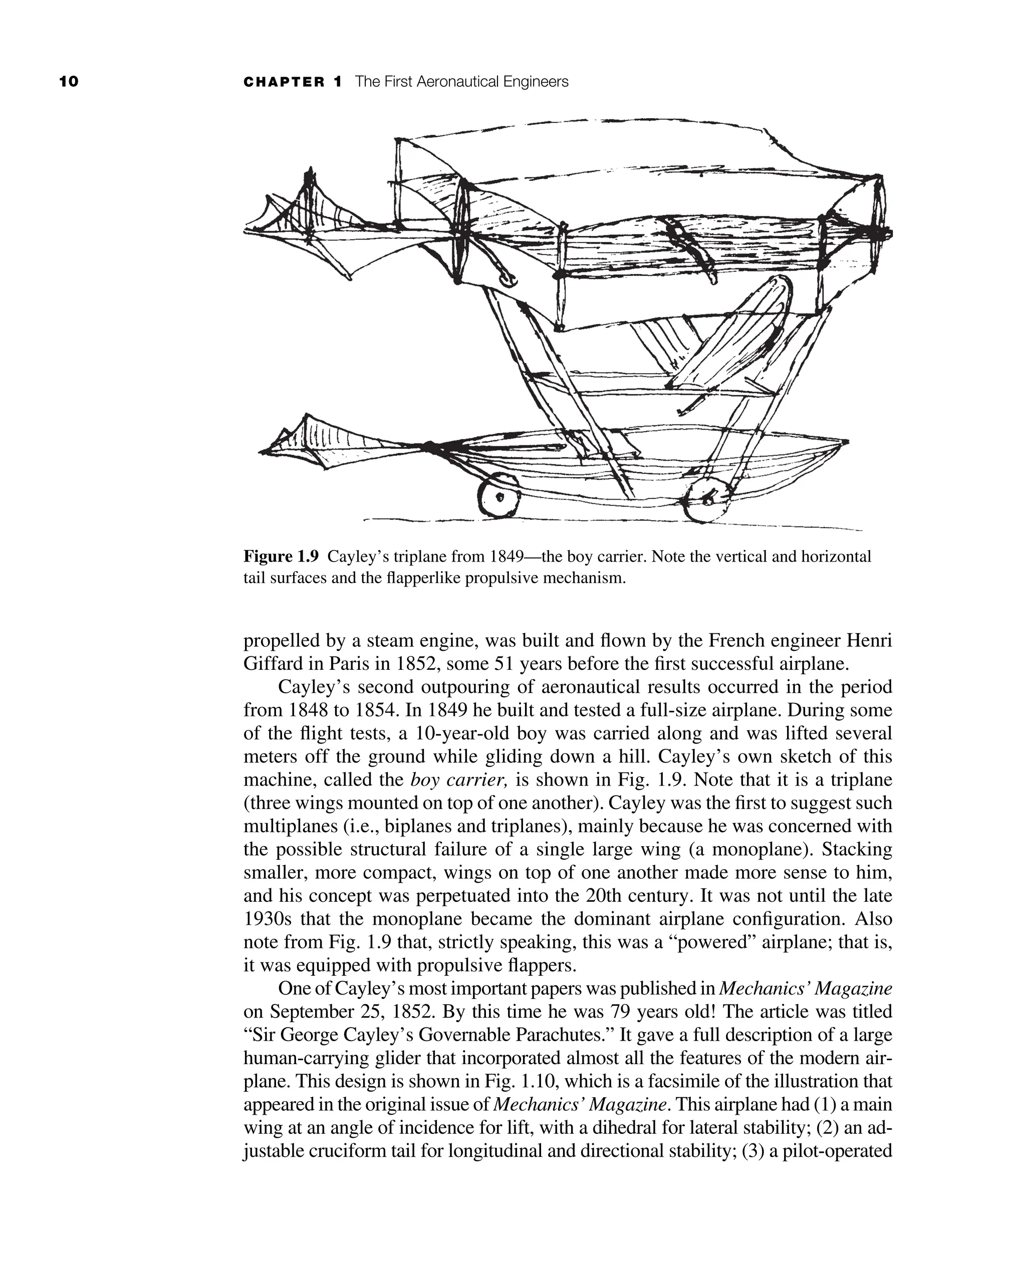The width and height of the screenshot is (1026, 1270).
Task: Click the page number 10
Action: tap(69, 82)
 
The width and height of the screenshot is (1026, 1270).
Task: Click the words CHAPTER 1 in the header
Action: tap(293, 82)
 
